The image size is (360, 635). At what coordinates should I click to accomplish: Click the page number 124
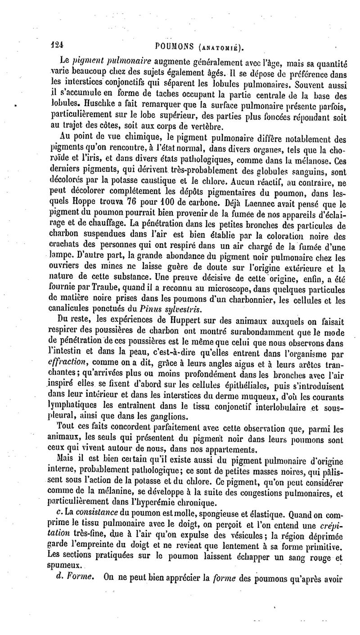(57, 45)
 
